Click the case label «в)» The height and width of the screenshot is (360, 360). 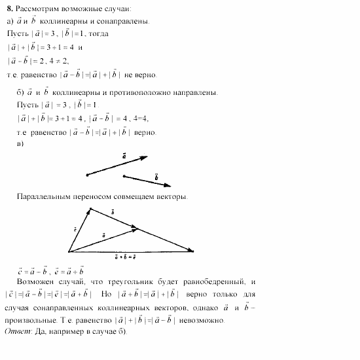tap(21, 143)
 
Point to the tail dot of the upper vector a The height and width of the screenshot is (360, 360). tap(87, 175)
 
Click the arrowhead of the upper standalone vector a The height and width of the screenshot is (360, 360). tap(146, 158)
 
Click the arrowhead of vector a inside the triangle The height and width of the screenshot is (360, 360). tap(137, 228)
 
